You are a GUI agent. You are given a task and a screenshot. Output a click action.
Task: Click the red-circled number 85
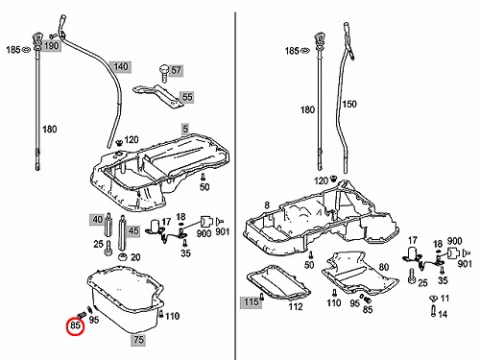click(75, 325)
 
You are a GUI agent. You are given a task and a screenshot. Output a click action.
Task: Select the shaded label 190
click(51, 46)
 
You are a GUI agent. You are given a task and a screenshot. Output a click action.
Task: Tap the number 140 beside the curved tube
click(120, 67)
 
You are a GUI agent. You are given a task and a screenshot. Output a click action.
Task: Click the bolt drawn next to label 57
click(164, 73)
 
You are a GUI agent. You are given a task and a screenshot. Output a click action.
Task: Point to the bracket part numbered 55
click(159, 96)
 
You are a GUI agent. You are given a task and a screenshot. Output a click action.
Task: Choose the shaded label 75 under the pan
click(138, 340)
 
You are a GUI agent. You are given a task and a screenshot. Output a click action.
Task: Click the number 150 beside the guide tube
click(349, 104)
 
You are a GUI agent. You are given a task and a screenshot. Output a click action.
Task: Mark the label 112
click(296, 306)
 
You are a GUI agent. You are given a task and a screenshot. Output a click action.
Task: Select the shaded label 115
click(251, 301)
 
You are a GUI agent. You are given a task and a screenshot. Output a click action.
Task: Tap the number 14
click(443, 314)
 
